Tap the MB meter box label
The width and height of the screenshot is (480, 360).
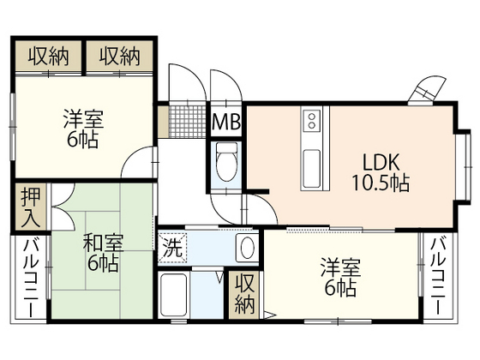click(226, 122)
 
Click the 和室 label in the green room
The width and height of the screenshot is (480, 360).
click(102, 242)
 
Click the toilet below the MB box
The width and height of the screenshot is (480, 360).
click(227, 163)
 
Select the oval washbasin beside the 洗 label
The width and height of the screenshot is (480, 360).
click(245, 249)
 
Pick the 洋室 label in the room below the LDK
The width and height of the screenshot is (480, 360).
click(341, 267)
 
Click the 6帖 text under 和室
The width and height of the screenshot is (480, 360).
click(102, 263)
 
